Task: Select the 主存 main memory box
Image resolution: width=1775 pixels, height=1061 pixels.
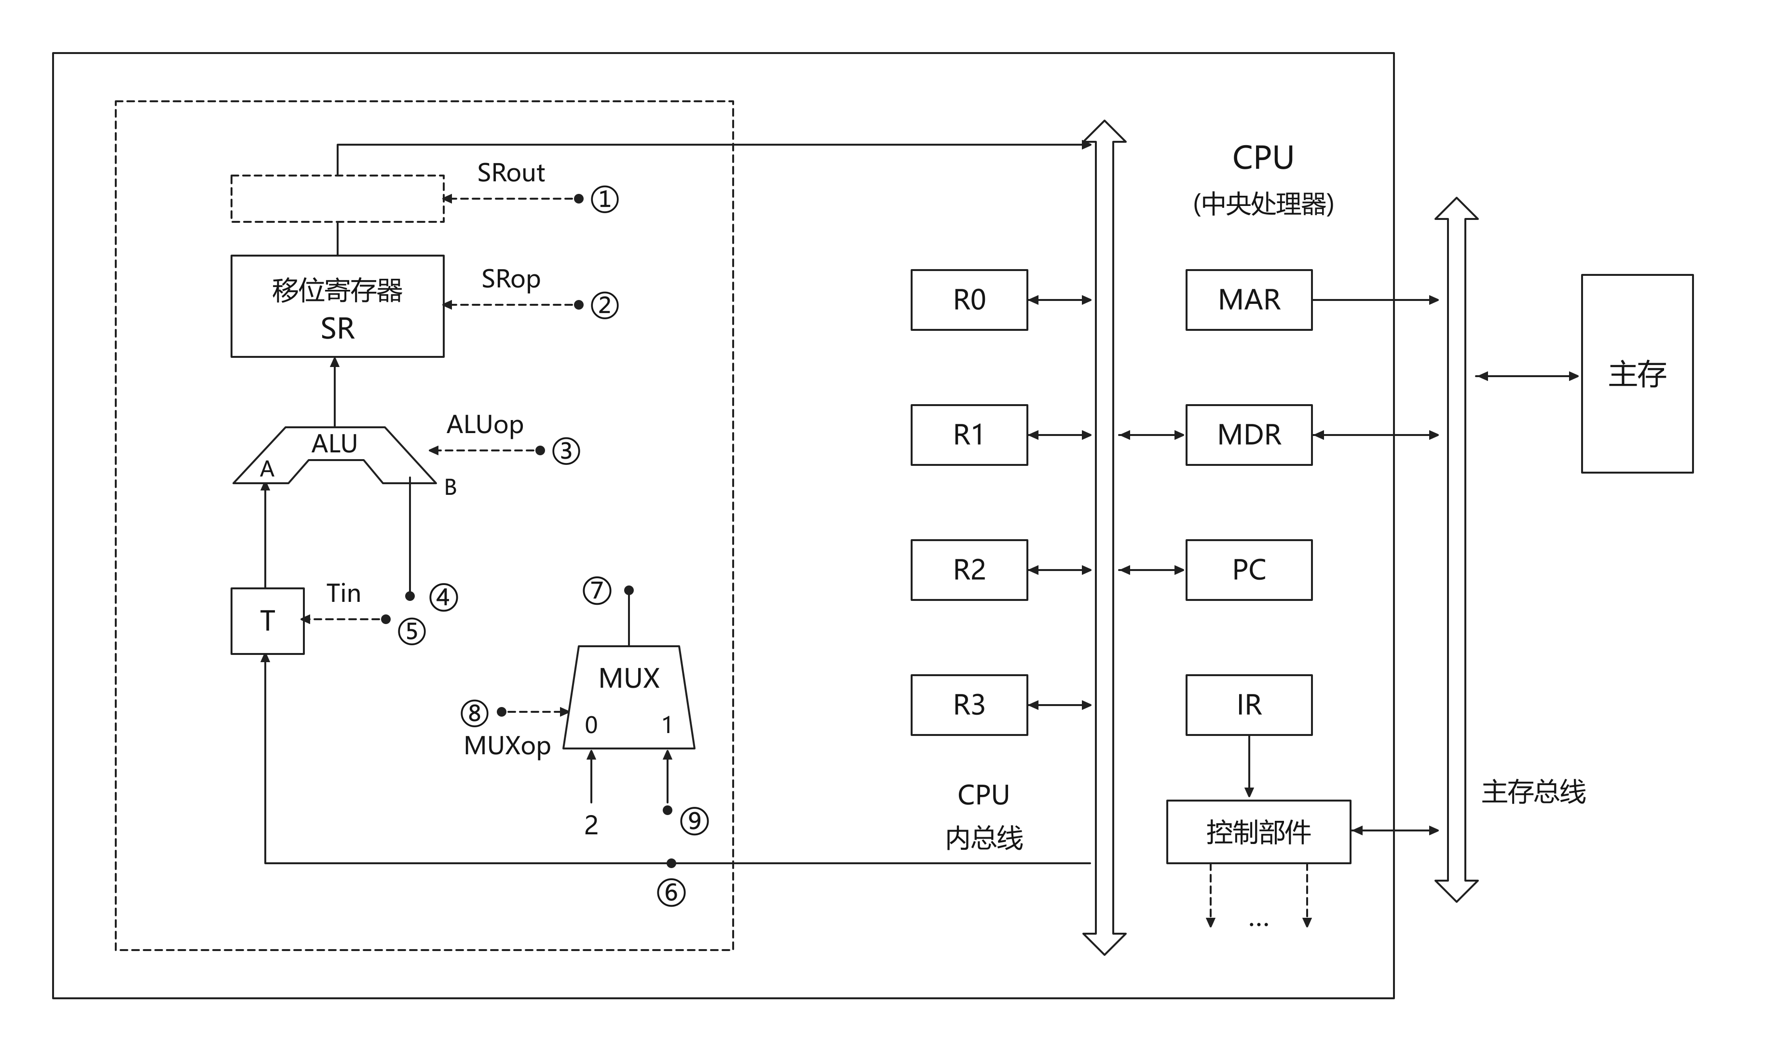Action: (1637, 373)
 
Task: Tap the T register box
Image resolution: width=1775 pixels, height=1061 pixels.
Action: (267, 621)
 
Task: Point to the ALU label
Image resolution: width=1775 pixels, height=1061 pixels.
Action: (334, 444)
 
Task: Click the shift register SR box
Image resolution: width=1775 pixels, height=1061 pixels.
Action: (338, 306)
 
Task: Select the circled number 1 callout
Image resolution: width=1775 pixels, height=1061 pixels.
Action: (605, 199)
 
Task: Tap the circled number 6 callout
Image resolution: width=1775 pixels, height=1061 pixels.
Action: (671, 892)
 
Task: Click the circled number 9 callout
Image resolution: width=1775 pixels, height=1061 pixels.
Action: (694, 821)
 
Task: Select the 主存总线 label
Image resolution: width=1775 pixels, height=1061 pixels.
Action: (1533, 791)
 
